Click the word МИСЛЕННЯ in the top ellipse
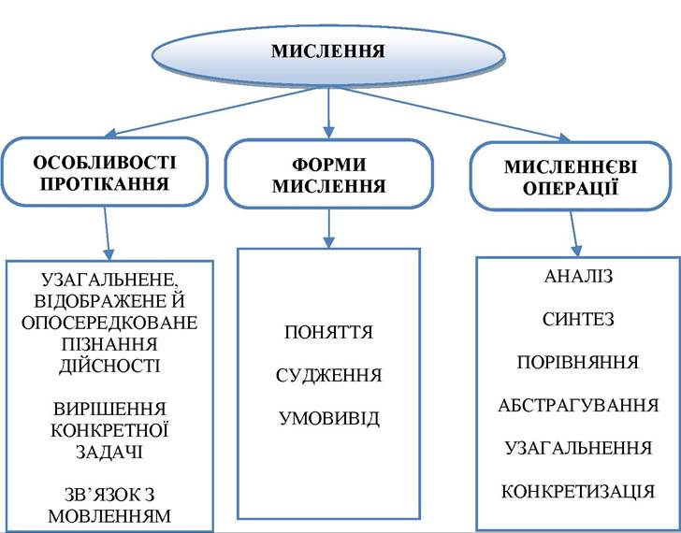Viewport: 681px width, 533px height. tap(328, 51)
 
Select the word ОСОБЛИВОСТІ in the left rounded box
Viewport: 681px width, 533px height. tap(105, 163)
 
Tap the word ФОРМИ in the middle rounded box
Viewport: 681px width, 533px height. tap(328, 165)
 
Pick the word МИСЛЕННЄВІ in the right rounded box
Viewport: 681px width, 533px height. tap(571, 167)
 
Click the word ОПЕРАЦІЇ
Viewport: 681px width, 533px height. tap(571, 188)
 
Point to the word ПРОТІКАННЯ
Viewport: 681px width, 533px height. tap(105, 184)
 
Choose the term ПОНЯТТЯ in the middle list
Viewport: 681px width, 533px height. tap(328, 333)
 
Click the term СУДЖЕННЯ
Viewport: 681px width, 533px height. tap(328, 376)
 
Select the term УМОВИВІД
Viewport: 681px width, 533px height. tap(328, 418)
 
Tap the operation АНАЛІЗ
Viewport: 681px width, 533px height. tap(578, 277)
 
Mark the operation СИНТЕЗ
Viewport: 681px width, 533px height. tap(578, 320)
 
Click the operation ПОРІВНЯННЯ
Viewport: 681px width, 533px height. tap(578, 363)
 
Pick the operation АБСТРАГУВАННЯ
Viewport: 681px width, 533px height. tap(578, 406)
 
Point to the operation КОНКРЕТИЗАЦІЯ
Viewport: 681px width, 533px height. tap(578, 492)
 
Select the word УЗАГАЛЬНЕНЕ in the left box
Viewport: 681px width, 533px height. tap(109, 281)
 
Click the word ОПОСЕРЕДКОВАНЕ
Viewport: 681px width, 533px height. tap(109, 323)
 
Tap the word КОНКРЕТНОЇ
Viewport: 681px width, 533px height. tap(109, 430)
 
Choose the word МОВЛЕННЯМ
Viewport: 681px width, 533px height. tap(109, 516)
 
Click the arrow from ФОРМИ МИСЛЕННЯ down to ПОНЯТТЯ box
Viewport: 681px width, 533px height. tap(328, 228)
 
